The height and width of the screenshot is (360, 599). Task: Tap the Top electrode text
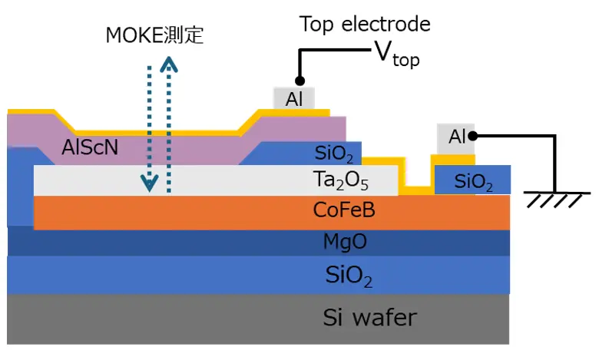tap(365, 24)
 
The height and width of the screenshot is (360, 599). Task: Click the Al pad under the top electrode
tap(294, 98)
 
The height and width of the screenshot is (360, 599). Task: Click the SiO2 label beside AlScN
tap(334, 155)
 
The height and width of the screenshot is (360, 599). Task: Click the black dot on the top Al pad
tap(299, 81)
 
